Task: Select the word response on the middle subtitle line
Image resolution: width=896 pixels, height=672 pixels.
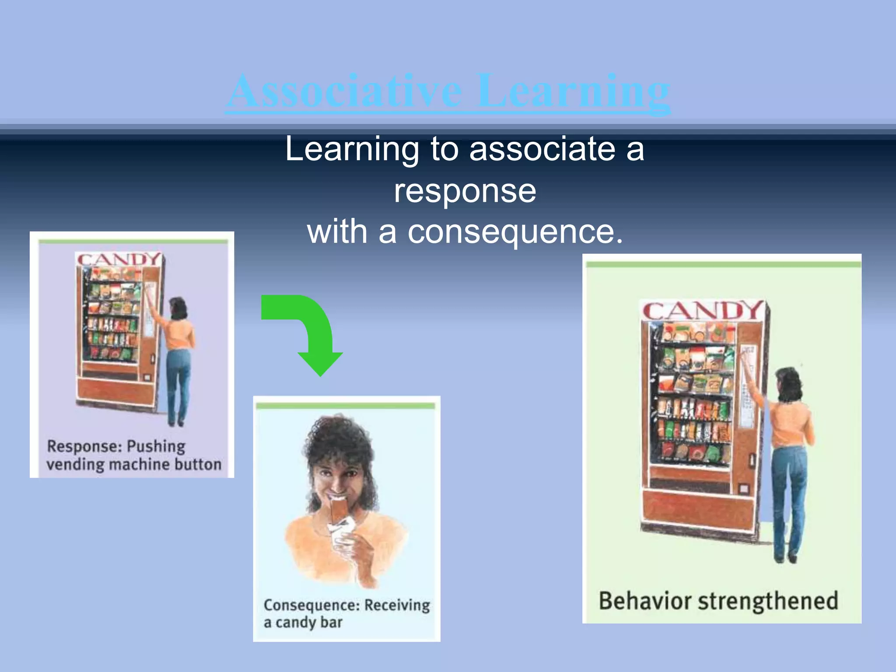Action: tap(465, 191)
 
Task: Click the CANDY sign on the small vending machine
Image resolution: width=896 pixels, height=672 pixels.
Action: tap(119, 259)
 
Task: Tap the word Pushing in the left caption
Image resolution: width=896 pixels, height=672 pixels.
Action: tap(156, 447)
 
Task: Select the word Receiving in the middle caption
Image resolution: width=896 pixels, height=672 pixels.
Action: tap(397, 605)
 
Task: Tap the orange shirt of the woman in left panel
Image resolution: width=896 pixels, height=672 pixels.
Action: tap(181, 335)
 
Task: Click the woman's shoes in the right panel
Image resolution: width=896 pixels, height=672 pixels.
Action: tap(785, 558)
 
